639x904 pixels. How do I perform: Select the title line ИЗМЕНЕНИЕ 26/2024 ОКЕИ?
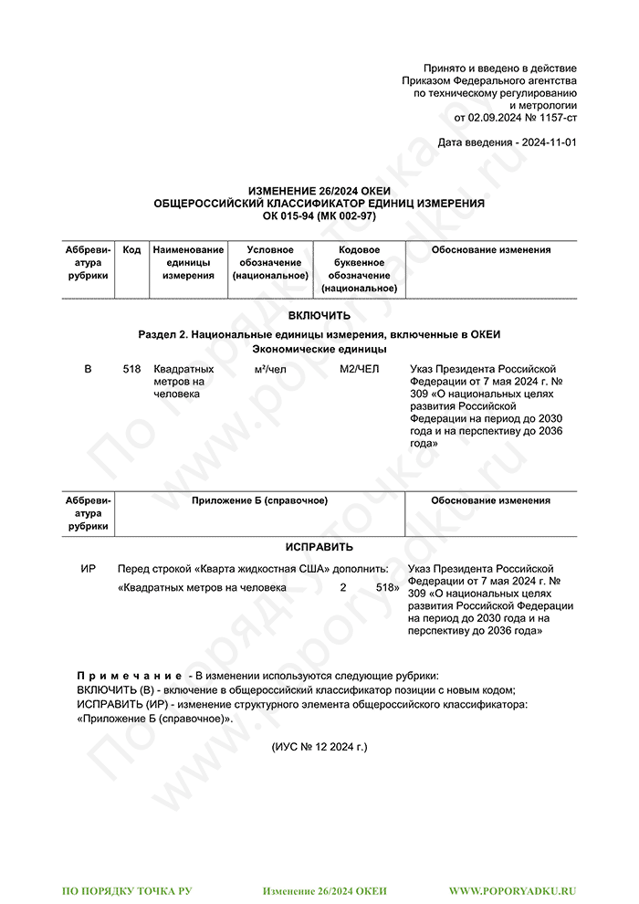pyautogui.click(x=319, y=191)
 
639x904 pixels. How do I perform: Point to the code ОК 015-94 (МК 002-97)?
pyautogui.click(x=319, y=215)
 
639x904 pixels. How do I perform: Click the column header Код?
pyautogui.click(x=131, y=250)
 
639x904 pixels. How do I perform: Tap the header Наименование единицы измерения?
pyautogui.click(x=188, y=262)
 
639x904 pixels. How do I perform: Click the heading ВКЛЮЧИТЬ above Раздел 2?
pyautogui.click(x=319, y=316)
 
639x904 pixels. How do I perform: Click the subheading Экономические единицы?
pyautogui.click(x=319, y=349)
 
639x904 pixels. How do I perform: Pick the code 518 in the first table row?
pyautogui.click(x=131, y=369)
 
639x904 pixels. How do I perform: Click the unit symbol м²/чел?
pyautogui.click(x=271, y=369)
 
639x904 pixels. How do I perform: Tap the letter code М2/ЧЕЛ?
pyautogui.click(x=359, y=369)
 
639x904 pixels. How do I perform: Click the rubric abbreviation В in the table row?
pyautogui.click(x=88, y=369)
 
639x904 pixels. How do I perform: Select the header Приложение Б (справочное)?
pyautogui.click(x=260, y=500)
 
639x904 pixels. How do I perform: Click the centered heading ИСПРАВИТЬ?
pyautogui.click(x=319, y=548)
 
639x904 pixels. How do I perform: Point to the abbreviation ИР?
pyautogui.click(x=88, y=569)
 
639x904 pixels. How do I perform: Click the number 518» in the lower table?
pyautogui.click(x=387, y=588)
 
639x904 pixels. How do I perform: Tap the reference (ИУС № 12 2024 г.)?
pyautogui.click(x=319, y=747)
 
